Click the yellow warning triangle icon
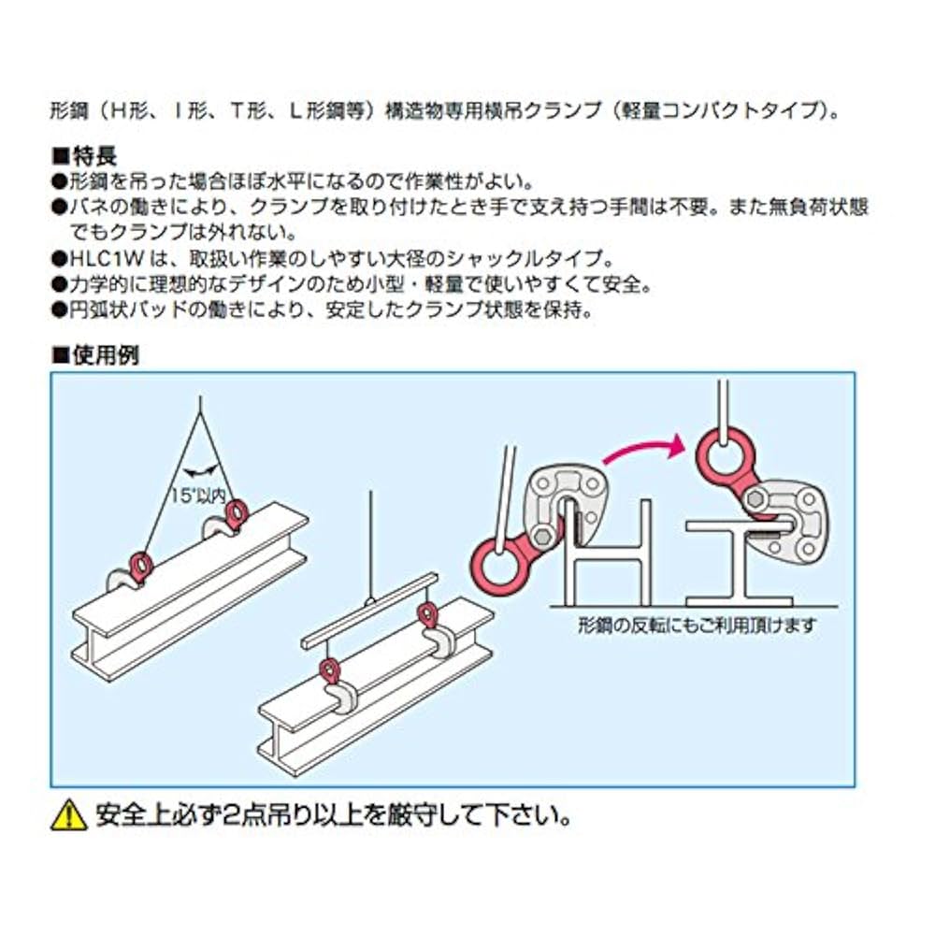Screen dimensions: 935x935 [x=68, y=816]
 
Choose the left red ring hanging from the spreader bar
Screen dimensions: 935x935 [x=329, y=671]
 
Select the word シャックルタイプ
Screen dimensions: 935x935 [x=544, y=258]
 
